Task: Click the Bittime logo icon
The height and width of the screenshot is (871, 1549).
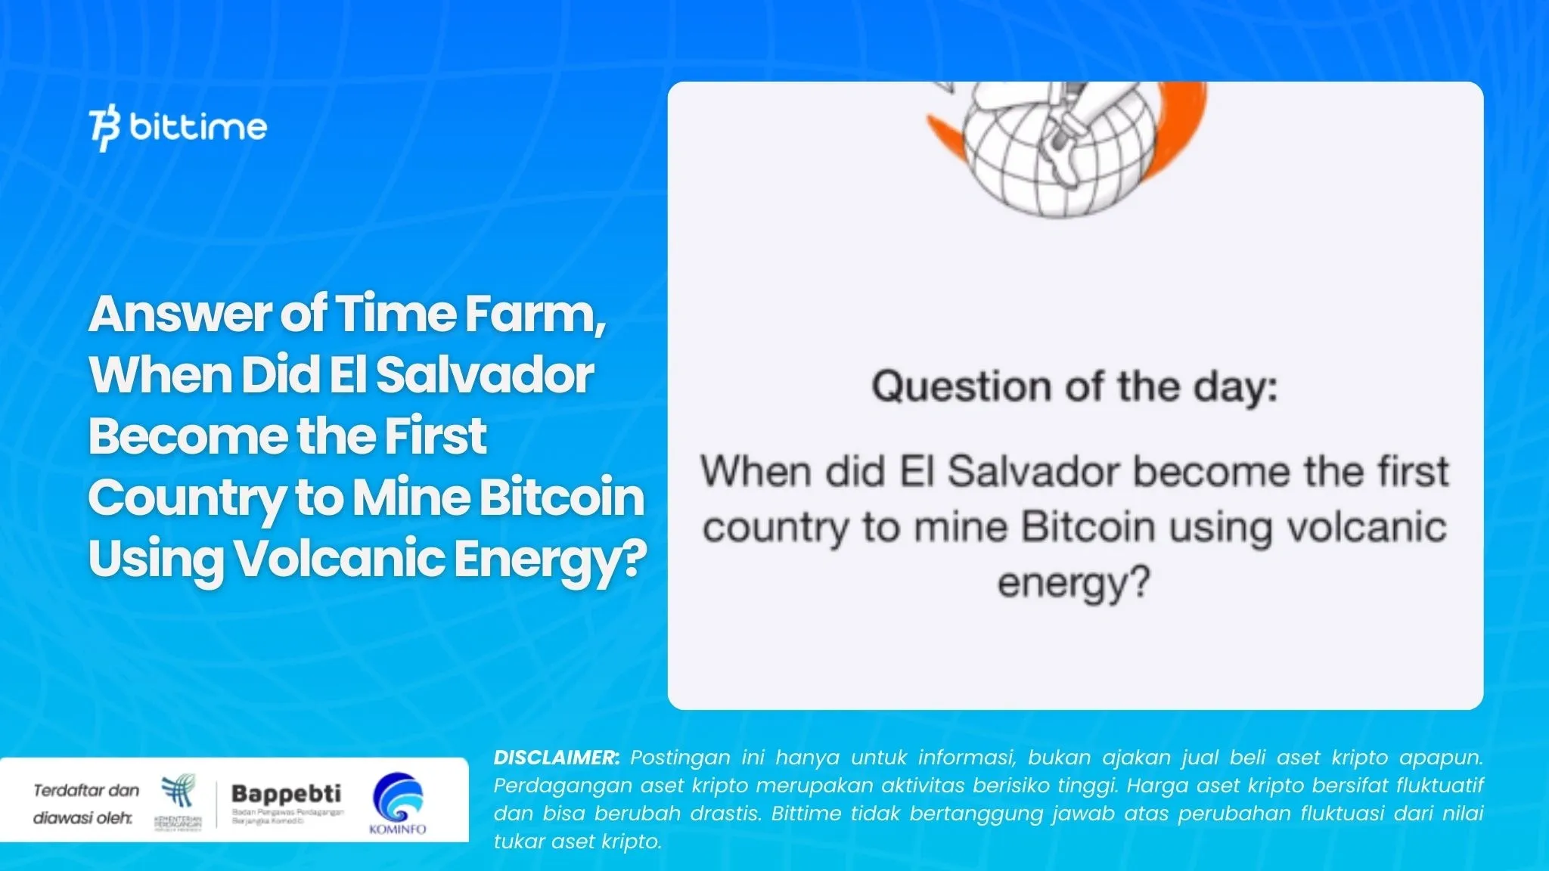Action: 104,129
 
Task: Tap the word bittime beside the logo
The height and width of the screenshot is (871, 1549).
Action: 198,127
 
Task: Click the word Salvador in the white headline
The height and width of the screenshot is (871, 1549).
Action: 484,375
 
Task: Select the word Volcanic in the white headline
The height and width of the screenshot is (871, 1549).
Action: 339,559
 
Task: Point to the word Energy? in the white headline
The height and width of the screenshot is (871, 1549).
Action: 550,559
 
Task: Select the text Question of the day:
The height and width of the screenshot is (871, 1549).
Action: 1075,387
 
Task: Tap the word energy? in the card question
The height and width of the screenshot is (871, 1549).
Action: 1073,583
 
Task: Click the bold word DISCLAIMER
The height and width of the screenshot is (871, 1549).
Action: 556,758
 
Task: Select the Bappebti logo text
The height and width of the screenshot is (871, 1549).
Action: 286,794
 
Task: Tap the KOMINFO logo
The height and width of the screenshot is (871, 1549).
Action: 398,803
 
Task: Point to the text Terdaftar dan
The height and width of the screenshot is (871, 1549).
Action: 86,791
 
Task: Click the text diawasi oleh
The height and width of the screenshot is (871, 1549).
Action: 82,818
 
